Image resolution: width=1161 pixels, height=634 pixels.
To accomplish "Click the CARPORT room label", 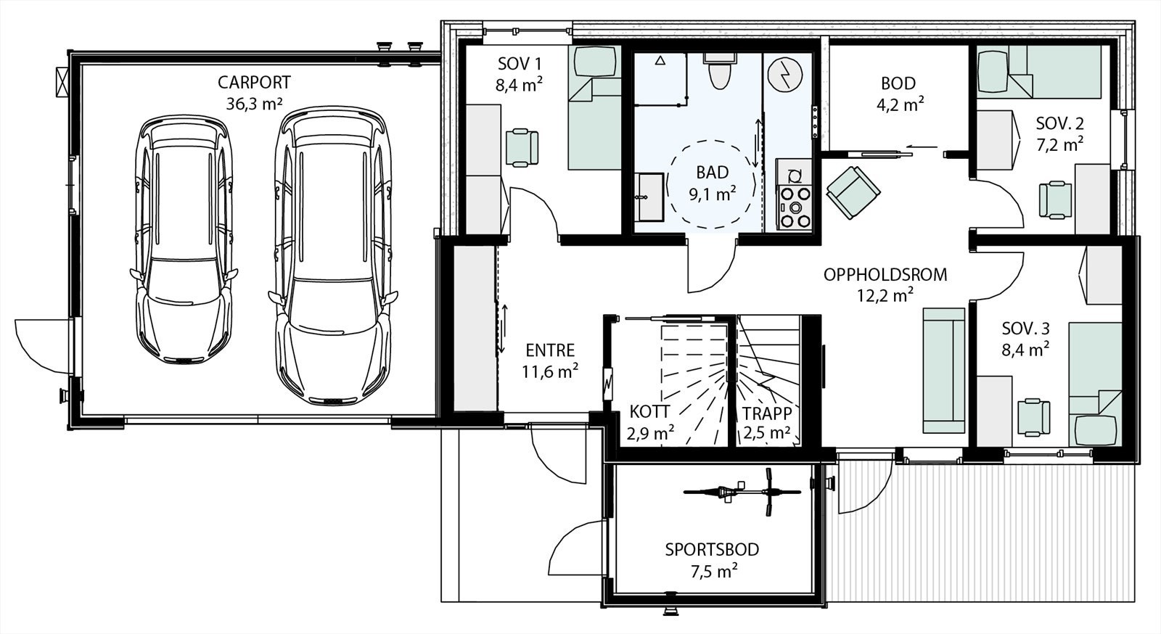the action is click(254, 83).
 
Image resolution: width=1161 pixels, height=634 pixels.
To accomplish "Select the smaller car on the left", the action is click(184, 239).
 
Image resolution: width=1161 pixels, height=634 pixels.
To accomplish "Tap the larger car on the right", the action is click(333, 256).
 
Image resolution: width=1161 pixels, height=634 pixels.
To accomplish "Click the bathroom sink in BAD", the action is click(649, 197).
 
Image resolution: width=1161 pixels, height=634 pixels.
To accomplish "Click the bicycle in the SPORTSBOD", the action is click(742, 492).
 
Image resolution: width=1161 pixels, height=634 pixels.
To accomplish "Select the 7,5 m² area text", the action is click(714, 572).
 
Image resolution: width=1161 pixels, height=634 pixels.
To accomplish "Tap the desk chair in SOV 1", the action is click(522, 148).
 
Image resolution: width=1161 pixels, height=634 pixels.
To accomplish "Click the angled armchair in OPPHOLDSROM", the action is click(853, 192).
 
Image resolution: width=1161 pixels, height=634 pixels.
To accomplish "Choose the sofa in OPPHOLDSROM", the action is click(943, 371).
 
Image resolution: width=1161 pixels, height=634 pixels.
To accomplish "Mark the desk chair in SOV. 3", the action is click(1033, 417).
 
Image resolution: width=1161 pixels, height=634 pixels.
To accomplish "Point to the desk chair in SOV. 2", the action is click(1055, 200).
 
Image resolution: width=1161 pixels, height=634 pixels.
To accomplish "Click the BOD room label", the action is click(898, 83).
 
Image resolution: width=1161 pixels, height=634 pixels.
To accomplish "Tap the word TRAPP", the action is click(766, 413).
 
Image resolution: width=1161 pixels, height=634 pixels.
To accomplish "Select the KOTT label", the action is click(649, 412).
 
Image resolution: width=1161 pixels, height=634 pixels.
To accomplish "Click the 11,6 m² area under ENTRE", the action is click(550, 371).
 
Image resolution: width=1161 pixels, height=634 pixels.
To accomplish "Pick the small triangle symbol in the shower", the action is click(660, 60).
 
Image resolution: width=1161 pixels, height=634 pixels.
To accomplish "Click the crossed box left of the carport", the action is click(62, 82).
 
